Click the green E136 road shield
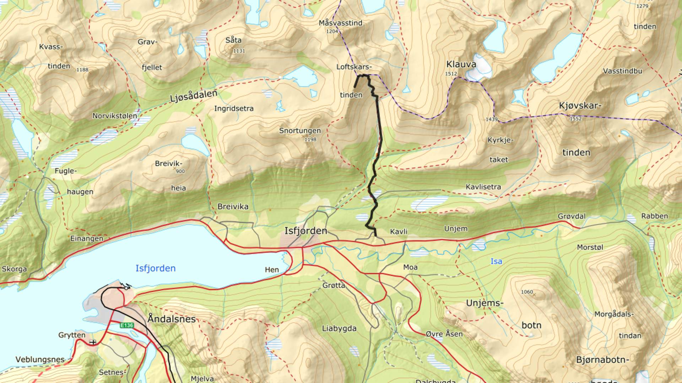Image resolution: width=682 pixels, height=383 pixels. pos(127,325)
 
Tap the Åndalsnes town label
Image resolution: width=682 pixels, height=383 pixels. pos(172,319)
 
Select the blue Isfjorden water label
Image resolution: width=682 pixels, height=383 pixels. pos(156,268)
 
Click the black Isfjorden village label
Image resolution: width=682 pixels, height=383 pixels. pos(305,231)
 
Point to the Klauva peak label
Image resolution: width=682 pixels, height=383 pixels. pos(461,65)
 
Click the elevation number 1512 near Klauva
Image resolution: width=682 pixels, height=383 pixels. pos(451,74)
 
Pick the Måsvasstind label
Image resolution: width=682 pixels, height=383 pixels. pos(340,23)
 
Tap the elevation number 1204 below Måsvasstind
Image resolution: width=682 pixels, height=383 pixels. pos(332,31)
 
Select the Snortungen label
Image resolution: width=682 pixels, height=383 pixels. pos(300,131)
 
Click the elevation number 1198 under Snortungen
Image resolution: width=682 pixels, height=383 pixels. pos(310,139)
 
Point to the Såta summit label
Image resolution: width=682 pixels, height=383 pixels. pos(233,40)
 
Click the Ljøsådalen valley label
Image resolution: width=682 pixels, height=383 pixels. pos(194,96)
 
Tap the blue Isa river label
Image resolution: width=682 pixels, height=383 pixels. pos(496,261)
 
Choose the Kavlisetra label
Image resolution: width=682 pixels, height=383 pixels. pos(483,187)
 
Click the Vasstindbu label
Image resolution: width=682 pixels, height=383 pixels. pos(622,71)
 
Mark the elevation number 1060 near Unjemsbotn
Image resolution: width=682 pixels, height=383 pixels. pos(527,292)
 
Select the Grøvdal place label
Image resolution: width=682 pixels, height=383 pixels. pos(572,216)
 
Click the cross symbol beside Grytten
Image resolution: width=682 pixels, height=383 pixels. pos(93,342)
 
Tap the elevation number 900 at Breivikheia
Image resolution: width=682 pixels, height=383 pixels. pos(180,171)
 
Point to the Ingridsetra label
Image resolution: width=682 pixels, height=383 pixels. pos(234,109)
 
